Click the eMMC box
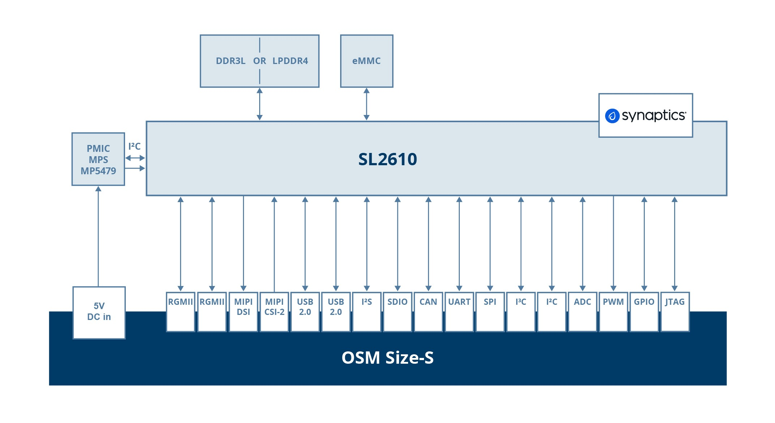click(367, 61)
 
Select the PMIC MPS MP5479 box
click(98, 159)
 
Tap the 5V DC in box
click(99, 312)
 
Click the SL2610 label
click(387, 159)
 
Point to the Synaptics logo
click(646, 116)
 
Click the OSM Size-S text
click(387, 358)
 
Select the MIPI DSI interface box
click(243, 311)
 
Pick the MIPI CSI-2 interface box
click(274, 311)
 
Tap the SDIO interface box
click(397, 311)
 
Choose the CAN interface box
click(428, 311)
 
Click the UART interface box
click(459, 311)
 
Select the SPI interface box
click(490, 311)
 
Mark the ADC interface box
click(582, 311)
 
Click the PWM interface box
click(613, 311)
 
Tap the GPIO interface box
click(644, 311)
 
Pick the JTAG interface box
click(675, 311)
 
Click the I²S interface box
click(367, 311)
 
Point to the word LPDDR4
click(290, 61)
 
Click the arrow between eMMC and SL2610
click(367, 104)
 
